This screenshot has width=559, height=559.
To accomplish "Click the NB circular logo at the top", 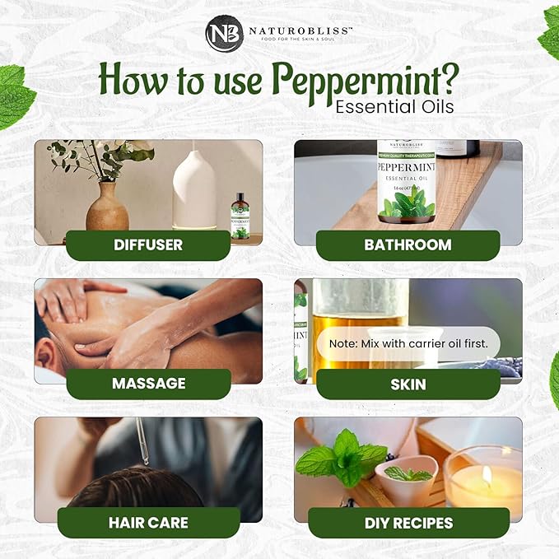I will (224, 35).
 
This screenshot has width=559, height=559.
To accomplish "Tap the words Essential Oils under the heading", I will (394, 106).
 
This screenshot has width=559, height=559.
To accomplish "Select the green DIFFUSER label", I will (148, 245).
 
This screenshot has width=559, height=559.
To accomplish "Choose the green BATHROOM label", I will (408, 245).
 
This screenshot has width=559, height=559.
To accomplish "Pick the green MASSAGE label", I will (148, 384).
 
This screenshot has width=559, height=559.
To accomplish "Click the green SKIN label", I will (408, 384).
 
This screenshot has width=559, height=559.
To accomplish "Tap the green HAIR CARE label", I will (148, 523).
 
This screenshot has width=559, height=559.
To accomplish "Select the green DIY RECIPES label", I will (408, 523).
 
